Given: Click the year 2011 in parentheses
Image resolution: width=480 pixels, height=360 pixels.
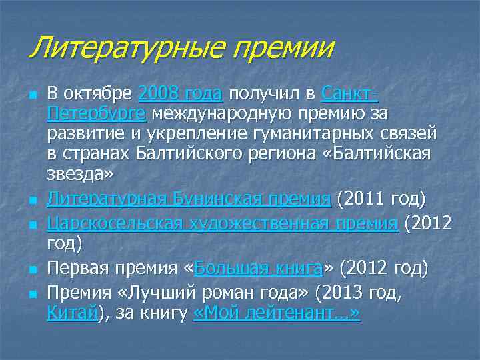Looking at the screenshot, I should tap(365, 199).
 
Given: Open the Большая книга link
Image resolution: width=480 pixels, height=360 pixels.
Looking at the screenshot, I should tap(257, 269).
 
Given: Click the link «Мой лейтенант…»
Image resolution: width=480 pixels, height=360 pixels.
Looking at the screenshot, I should tap(276, 313).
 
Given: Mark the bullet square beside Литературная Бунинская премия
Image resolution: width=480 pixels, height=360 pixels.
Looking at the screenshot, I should tap(31, 200).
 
